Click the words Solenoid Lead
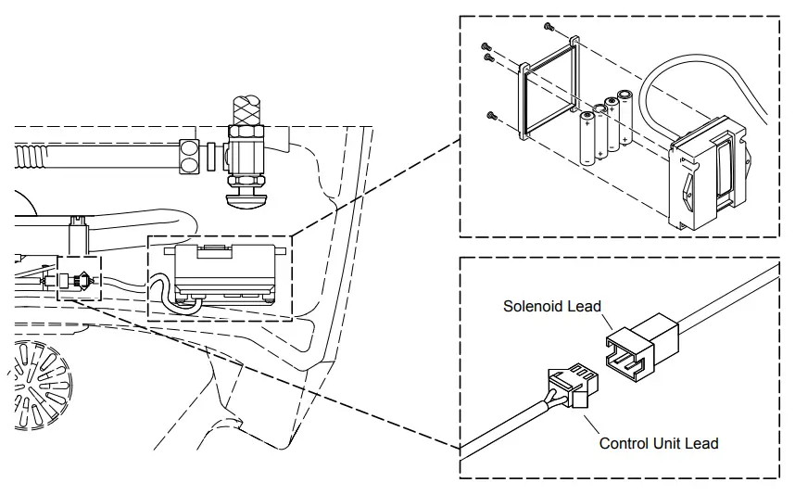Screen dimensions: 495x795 point(552,306)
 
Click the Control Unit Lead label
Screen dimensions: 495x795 point(659,443)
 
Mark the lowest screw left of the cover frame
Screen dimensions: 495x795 point(491,115)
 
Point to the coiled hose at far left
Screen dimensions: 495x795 point(31,154)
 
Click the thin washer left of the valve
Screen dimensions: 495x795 point(212,154)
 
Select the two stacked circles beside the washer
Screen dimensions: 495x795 point(190,156)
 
